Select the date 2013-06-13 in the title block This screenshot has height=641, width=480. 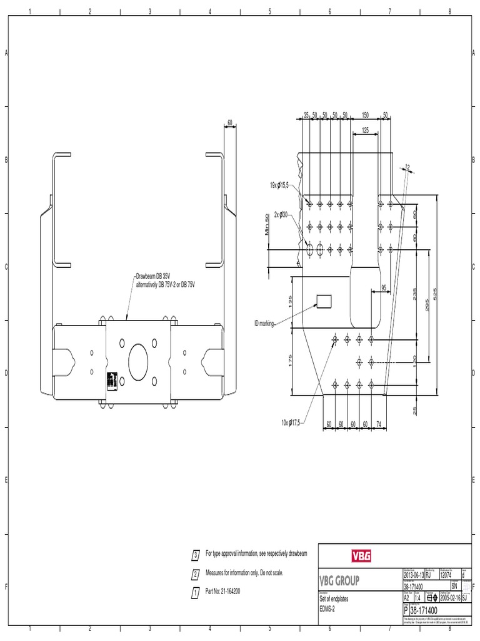(x=413, y=575)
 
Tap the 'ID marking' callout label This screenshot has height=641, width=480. (x=264, y=323)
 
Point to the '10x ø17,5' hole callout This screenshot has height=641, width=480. (x=291, y=423)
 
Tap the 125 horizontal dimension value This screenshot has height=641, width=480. (x=365, y=130)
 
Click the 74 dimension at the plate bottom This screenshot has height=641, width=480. (x=379, y=424)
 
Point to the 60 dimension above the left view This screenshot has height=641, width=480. (x=230, y=123)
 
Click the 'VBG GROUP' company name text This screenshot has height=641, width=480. (x=339, y=581)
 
